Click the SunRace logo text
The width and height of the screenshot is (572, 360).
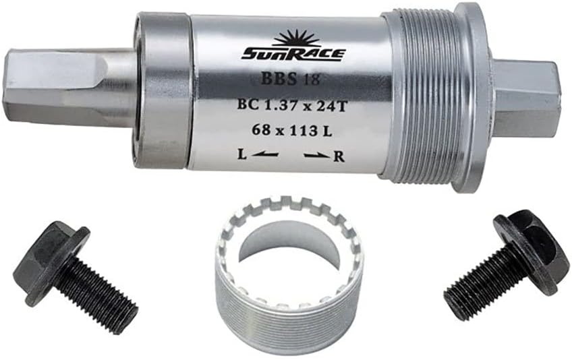(292, 52)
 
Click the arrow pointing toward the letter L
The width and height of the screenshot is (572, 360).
(266, 155)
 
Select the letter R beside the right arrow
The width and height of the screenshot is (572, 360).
(339, 156)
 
